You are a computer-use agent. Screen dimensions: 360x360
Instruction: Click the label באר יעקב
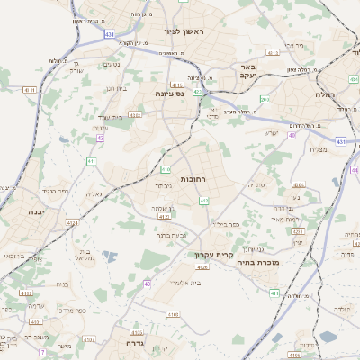pos(249,71)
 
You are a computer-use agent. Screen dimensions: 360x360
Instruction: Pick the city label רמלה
pos(326,94)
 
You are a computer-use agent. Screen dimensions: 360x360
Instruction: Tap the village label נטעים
pos(111,64)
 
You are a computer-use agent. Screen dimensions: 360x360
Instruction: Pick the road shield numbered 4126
pos(202,267)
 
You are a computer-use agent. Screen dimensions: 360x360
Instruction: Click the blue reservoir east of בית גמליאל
pos(110,256)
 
